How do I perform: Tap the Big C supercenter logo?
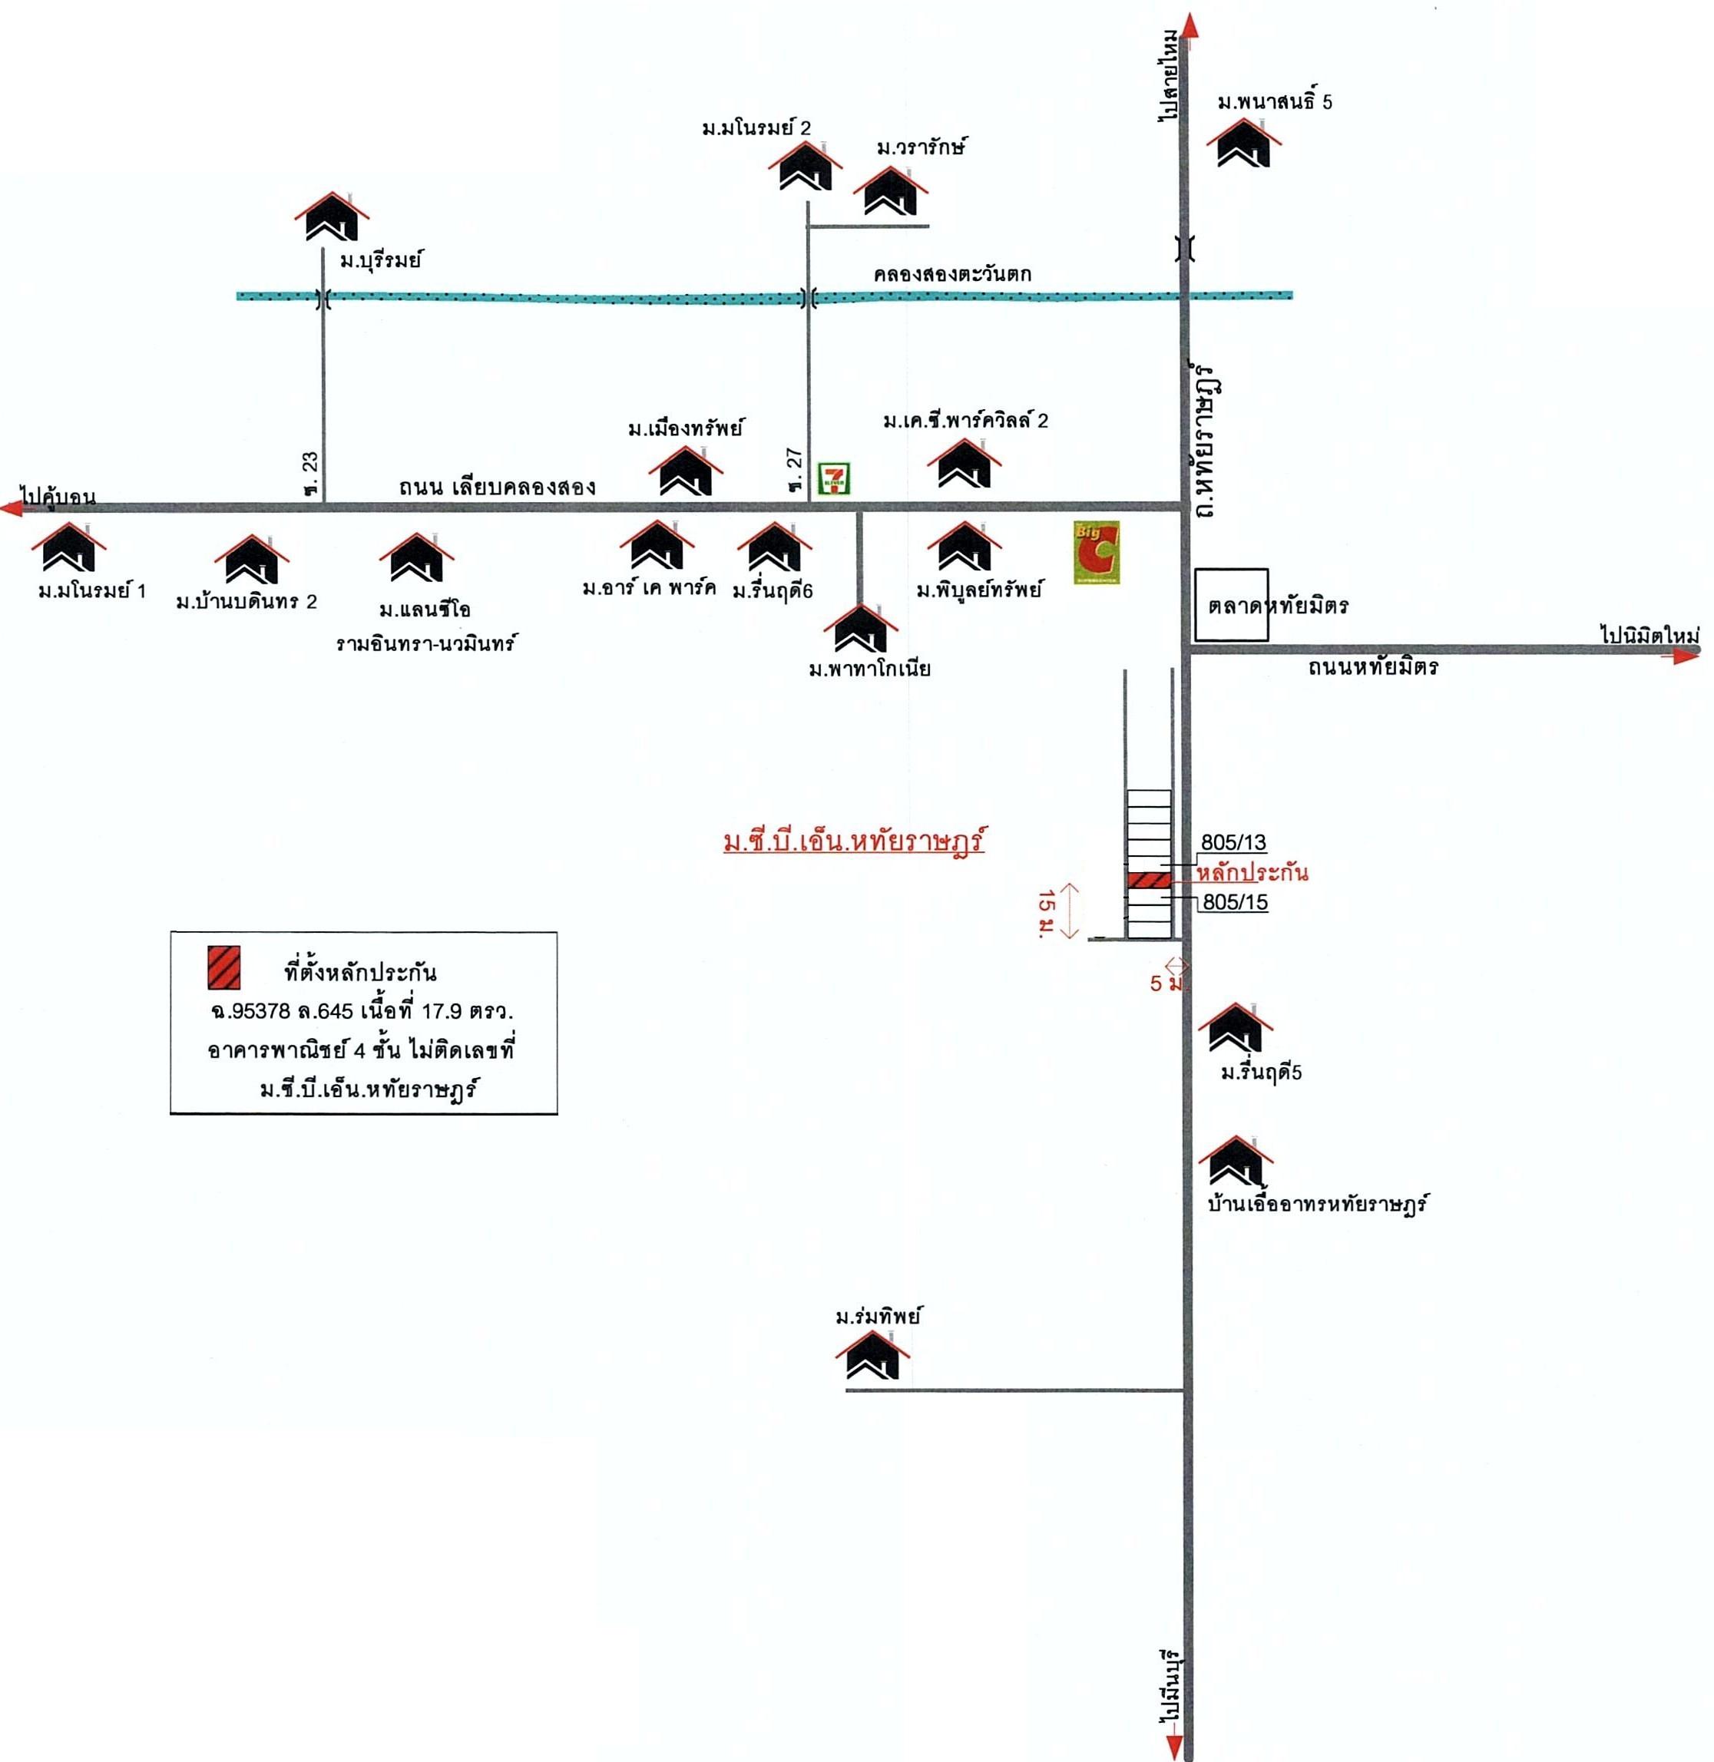click(x=1097, y=552)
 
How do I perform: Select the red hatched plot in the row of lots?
click(x=1149, y=879)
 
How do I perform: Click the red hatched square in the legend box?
click(x=223, y=967)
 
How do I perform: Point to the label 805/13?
click(x=1233, y=842)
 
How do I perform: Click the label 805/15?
click(x=1234, y=901)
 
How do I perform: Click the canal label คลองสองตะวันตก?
click(x=952, y=273)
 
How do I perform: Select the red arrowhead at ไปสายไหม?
click(x=1190, y=25)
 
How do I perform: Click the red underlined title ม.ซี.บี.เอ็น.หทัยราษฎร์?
click(x=852, y=842)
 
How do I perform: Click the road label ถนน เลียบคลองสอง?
click(x=497, y=487)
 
